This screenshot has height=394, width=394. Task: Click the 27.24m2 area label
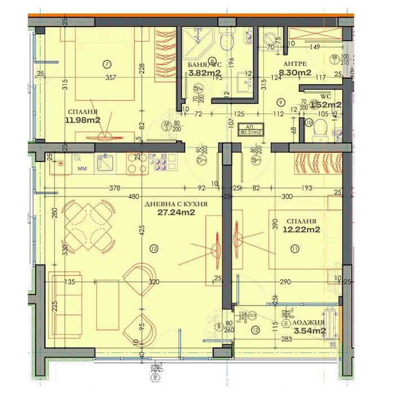click(177, 213)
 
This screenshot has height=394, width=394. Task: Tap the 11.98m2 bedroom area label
click(82, 120)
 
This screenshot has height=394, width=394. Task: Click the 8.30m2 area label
click(297, 72)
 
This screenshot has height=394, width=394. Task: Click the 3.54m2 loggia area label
click(310, 331)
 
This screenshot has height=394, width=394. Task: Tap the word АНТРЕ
click(295, 64)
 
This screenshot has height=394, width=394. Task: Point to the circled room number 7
click(106, 64)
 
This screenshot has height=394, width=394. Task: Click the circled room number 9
click(280, 102)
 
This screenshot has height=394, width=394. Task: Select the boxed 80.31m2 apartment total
click(251, 130)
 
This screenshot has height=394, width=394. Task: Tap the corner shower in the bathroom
click(198, 41)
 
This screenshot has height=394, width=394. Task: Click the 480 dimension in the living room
click(133, 197)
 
